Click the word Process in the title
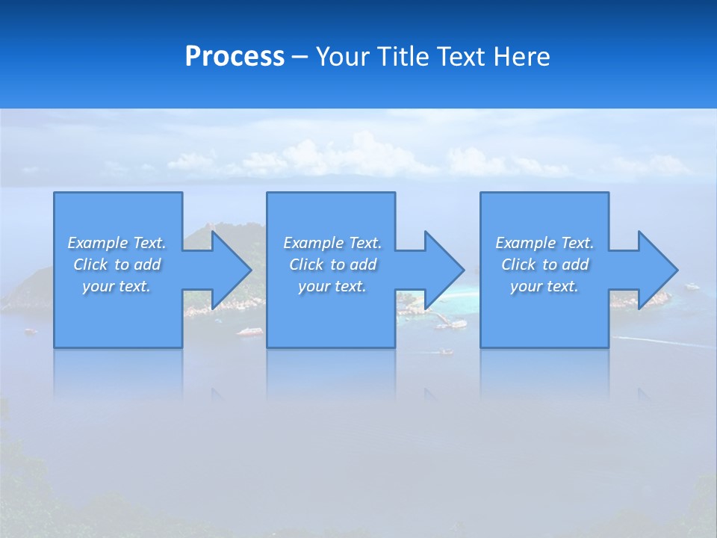(x=235, y=57)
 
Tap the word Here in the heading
(x=520, y=57)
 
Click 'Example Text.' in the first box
(x=117, y=243)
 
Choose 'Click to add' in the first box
(x=117, y=265)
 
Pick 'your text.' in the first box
(x=117, y=286)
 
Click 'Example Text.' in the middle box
(x=332, y=243)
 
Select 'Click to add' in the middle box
(x=332, y=265)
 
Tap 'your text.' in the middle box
(x=332, y=286)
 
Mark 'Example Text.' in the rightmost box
(x=544, y=243)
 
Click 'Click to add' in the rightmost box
(x=544, y=265)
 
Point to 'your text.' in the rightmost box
(x=544, y=286)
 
